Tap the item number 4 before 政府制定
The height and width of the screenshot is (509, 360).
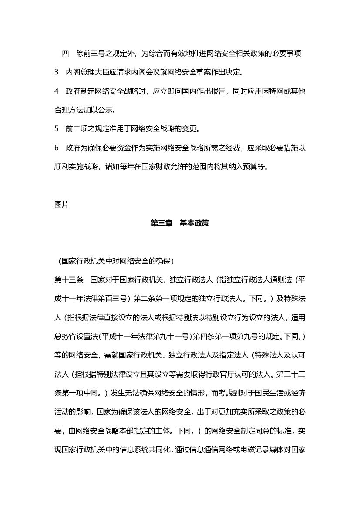pos(57,91)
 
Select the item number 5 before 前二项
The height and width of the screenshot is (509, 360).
pos(57,129)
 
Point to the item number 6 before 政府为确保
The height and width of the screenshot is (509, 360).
pos(57,148)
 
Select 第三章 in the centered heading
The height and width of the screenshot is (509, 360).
pos(161,223)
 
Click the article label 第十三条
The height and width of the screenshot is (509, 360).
pos(69,280)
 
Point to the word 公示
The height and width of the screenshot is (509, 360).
pos(105,110)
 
